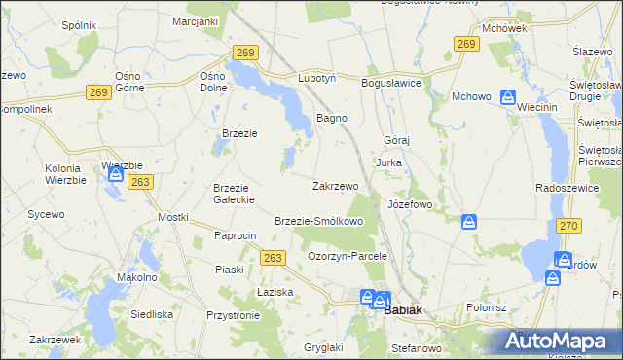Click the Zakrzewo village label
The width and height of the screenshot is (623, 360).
coord(336,186)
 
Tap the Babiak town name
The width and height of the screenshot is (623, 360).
coord(404,311)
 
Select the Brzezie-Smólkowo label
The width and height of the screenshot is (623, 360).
coord(318,222)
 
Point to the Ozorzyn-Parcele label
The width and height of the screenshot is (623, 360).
coord(348,256)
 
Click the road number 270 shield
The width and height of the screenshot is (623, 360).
coord(569,226)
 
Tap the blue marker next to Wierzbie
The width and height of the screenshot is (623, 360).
coord(116,175)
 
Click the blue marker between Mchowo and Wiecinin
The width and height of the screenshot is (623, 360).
coord(507,97)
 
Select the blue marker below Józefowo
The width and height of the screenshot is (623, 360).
coord(469,223)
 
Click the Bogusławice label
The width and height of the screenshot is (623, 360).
coord(391,84)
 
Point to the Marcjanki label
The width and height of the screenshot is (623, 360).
coord(194,21)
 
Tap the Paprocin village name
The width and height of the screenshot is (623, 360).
coord(235,236)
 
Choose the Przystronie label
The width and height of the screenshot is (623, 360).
coord(233,315)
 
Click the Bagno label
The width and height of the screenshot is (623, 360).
coord(332,119)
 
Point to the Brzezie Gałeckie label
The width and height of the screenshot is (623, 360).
coord(234,194)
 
